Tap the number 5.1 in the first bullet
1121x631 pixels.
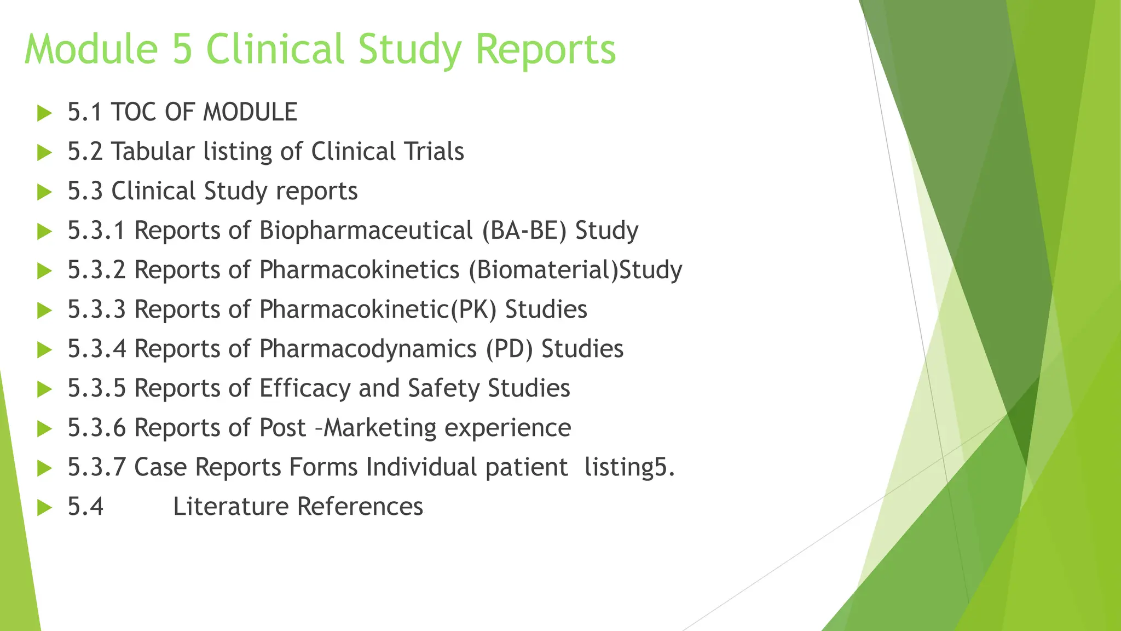85,112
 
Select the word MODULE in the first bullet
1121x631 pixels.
250,112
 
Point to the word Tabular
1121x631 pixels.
153,152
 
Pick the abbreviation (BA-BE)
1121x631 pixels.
524,231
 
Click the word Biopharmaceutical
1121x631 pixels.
366,231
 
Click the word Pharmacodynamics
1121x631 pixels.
368,349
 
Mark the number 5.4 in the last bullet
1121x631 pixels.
85,507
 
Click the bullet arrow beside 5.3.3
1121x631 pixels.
44,311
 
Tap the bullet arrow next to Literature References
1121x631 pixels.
44,508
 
